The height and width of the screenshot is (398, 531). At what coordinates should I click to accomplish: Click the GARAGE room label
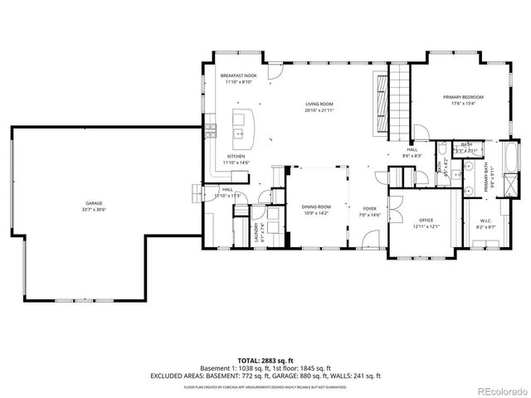click(x=94, y=202)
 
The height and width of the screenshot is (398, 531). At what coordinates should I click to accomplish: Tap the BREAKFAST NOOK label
click(x=238, y=75)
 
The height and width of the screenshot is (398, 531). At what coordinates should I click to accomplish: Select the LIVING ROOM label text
click(x=319, y=104)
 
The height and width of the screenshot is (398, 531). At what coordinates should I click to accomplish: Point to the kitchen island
click(x=242, y=124)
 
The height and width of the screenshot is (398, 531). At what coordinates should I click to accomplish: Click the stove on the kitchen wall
click(x=211, y=131)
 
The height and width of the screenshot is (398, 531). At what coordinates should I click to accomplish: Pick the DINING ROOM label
click(x=317, y=206)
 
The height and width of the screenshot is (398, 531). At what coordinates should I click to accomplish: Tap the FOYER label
click(x=369, y=208)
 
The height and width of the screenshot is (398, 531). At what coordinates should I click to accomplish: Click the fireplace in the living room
click(x=380, y=103)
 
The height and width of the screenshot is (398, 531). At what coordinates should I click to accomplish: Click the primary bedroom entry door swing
click(x=421, y=129)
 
